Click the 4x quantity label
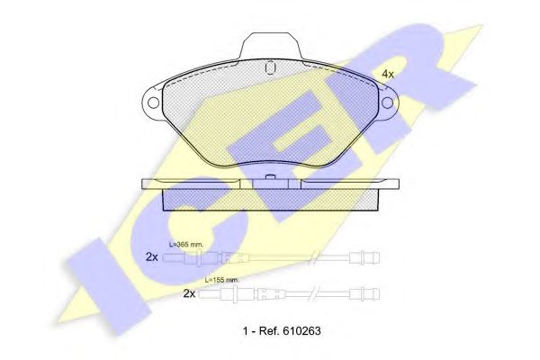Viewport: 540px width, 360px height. tap(388, 74)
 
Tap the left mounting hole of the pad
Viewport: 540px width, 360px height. tap(153, 103)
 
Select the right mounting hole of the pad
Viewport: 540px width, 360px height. tap(388, 103)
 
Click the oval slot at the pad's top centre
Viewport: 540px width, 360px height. tap(270, 67)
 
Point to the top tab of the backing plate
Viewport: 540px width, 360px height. tap(271, 47)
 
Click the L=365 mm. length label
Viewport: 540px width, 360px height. tap(186, 245)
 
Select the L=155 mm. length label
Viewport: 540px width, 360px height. tap(221, 280)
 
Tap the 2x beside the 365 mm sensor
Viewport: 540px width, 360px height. tap(152, 257)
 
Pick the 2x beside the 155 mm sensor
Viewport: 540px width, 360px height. tap(189, 293)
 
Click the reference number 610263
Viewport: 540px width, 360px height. tap(301, 331)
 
